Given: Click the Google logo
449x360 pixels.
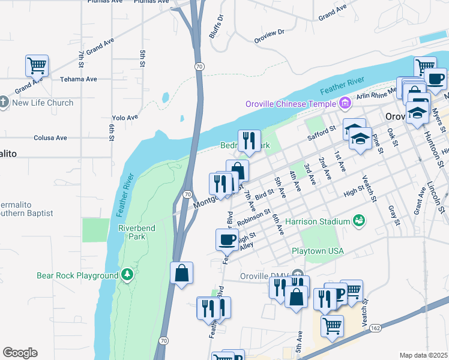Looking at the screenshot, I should click(x=20, y=353).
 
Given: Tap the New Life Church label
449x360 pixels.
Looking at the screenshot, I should click(x=43, y=103).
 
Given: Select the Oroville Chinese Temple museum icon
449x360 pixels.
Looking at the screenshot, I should click(x=345, y=104).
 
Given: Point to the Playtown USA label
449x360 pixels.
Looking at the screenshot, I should click(x=318, y=251).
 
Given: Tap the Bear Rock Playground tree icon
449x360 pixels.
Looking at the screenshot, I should click(x=127, y=275).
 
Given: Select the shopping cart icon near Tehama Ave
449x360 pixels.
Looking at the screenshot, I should click(x=37, y=65).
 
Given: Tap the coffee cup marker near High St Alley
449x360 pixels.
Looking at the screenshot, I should click(x=227, y=239).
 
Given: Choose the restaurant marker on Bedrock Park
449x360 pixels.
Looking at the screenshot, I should click(x=249, y=140).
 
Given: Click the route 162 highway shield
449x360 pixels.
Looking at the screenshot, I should click(x=375, y=328).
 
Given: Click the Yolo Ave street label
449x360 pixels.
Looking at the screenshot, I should click(x=125, y=118).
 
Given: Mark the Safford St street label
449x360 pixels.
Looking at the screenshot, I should click(x=321, y=133).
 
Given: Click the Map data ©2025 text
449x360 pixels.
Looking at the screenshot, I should click(x=423, y=355).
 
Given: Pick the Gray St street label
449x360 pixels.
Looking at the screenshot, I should click(x=393, y=215).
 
